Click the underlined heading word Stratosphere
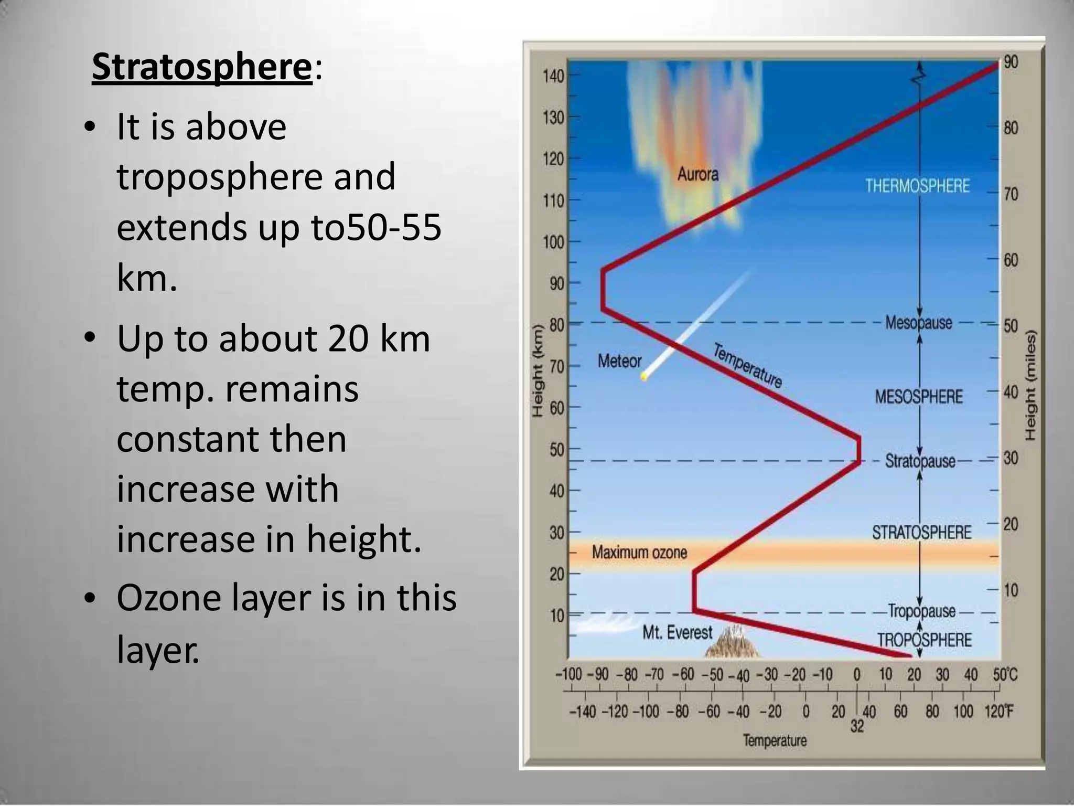pyautogui.click(x=202, y=67)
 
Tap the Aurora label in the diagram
pyautogui.click(x=697, y=174)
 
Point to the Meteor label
pyautogui.click(x=619, y=361)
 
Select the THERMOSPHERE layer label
pyautogui.click(x=917, y=186)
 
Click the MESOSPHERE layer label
pyautogui.click(x=919, y=397)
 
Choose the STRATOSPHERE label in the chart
pyautogui.click(x=921, y=533)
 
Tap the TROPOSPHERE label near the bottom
pyautogui.click(x=925, y=640)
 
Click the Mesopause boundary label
pyautogui.click(x=918, y=322)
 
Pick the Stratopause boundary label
pyautogui.click(x=920, y=461)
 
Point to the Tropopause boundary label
pyautogui.click(x=921, y=611)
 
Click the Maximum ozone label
pyautogui.click(x=639, y=552)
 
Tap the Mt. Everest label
pyautogui.click(x=678, y=633)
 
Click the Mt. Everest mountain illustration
pyautogui.click(x=732, y=645)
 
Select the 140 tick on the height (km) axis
pyautogui.click(x=553, y=77)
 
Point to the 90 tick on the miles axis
pyautogui.click(x=1011, y=62)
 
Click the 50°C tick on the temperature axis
pyautogui.click(x=1004, y=675)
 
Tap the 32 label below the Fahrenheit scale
pyautogui.click(x=857, y=726)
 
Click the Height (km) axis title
pyautogui.click(x=536, y=371)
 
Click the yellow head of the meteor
pyautogui.click(x=644, y=376)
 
